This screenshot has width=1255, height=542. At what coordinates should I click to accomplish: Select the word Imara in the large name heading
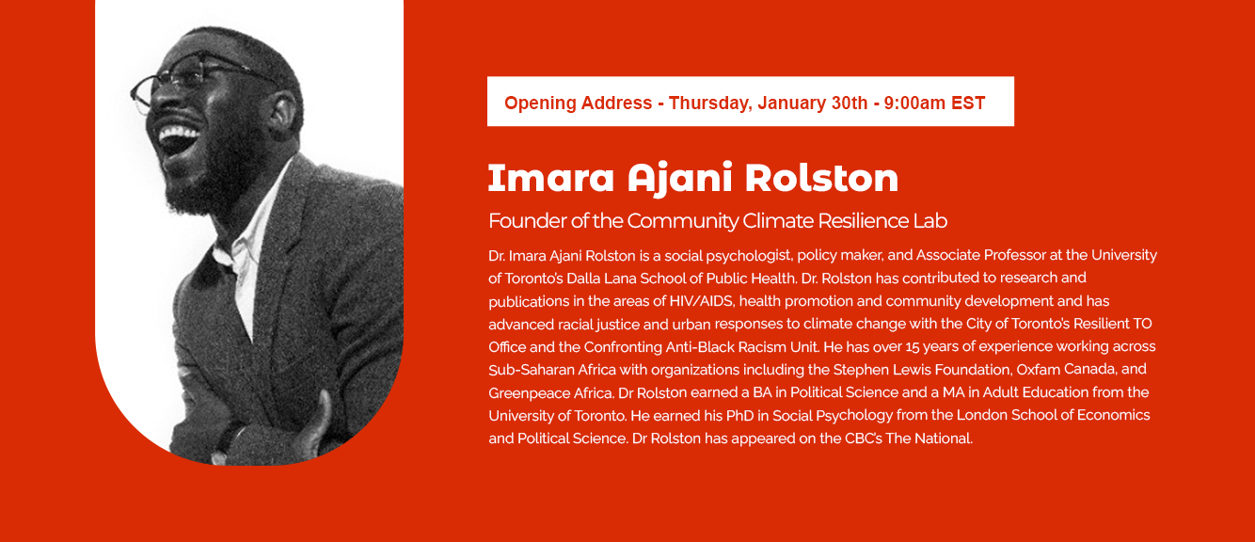click(x=550, y=178)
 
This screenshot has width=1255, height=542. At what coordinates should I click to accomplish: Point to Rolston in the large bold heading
click(x=821, y=178)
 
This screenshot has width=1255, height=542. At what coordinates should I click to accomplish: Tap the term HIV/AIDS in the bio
click(x=701, y=301)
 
